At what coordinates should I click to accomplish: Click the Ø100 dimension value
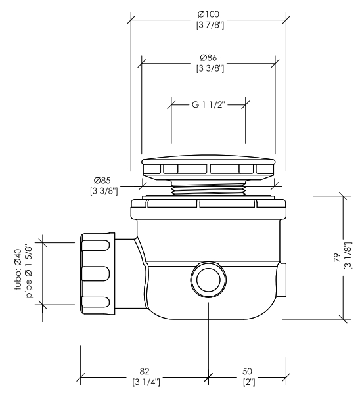tap(208, 14)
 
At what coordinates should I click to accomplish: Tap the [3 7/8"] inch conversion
tap(210, 25)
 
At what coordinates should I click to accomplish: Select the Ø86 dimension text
tap(208, 58)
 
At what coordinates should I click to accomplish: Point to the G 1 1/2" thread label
tap(208, 104)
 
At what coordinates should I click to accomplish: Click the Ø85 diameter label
tap(102, 181)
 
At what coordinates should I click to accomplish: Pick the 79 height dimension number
tap(338, 258)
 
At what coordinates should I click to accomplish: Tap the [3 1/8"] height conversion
tap(348, 255)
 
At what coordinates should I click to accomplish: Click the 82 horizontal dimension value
tap(145, 371)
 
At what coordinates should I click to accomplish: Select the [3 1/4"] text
tap(146, 382)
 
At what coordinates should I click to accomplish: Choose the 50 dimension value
tap(247, 371)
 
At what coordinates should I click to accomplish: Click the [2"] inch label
tap(249, 382)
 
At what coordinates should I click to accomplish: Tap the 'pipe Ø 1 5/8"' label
tap(30, 271)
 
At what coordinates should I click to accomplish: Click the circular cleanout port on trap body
tap(208, 280)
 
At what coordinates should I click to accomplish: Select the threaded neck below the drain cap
tap(208, 188)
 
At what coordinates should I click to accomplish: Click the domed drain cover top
tap(208, 158)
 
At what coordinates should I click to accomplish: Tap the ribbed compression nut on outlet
tap(97, 274)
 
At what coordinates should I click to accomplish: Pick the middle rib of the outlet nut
tap(96, 274)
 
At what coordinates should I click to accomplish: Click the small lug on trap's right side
tap(282, 280)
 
